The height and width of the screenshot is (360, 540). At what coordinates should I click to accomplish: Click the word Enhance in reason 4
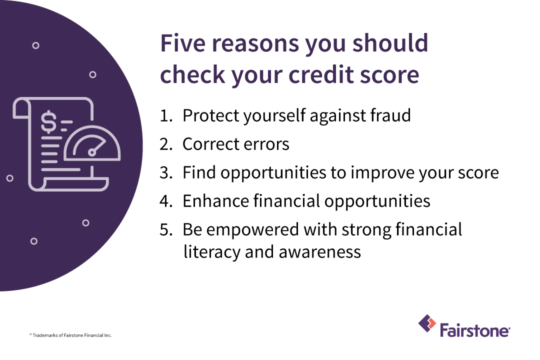[x=215, y=201]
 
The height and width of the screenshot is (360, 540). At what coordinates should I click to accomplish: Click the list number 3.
[x=165, y=173]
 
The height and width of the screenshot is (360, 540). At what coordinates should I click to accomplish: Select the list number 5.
[x=165, y=230]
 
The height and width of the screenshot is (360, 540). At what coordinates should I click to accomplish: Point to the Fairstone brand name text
[x=474, y=330]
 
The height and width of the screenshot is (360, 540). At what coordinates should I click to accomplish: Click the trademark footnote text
[x=70, y=335]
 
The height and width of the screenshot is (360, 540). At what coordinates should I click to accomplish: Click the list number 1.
[x=165, y=115]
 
